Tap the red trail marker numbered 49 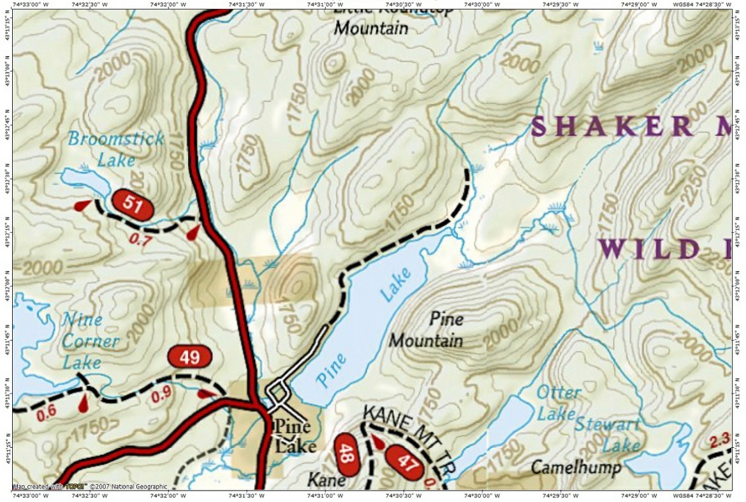point(189,357)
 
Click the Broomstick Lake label point(116,148)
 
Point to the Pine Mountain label point(426,329)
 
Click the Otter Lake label point(557,402)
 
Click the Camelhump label point(576,468)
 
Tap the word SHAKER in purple point(612,126)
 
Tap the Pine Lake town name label point(294,436)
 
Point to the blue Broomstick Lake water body point(84,182)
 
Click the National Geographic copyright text point(90,487)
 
